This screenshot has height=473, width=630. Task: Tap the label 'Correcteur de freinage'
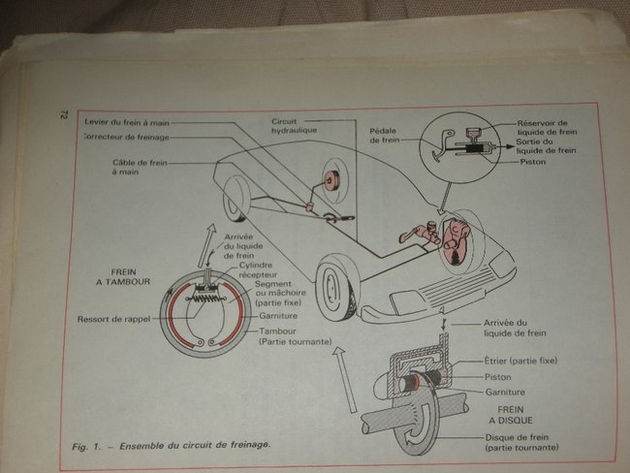click(120, 137)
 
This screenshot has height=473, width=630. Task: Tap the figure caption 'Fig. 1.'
click(89, 445)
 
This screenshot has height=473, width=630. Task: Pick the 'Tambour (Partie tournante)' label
click(294, 336)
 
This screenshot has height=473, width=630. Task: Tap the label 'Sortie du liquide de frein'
click(548, 146)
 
